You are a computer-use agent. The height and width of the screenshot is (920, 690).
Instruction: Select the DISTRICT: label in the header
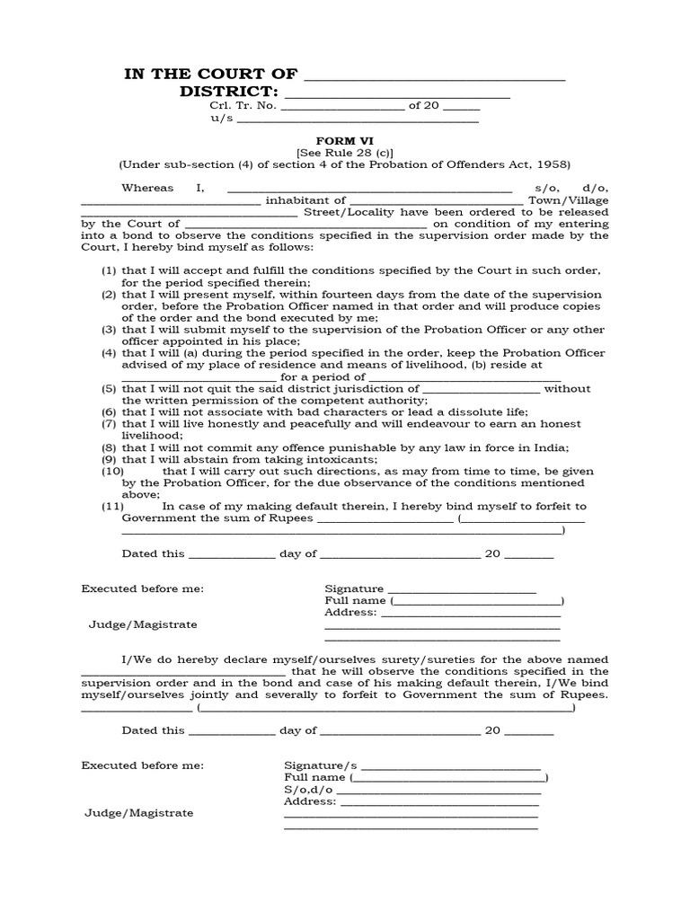229,93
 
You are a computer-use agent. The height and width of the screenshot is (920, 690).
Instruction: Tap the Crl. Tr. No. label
243,106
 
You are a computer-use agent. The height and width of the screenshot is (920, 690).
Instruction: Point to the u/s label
222,119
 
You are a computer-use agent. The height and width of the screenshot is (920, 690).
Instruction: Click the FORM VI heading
344,141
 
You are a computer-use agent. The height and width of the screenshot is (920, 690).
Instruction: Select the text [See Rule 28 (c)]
345,153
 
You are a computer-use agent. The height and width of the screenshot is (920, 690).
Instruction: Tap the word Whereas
146,188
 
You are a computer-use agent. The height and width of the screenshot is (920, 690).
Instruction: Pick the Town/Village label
568,200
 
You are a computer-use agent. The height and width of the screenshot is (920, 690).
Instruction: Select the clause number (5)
108,389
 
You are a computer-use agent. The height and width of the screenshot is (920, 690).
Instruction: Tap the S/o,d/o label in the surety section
302,789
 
